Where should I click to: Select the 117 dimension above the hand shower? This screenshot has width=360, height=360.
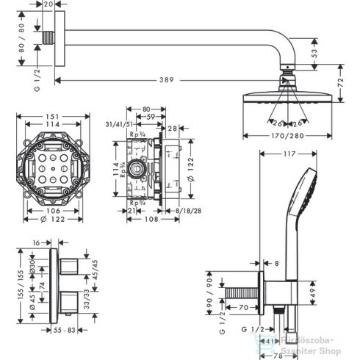pos(287,154)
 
